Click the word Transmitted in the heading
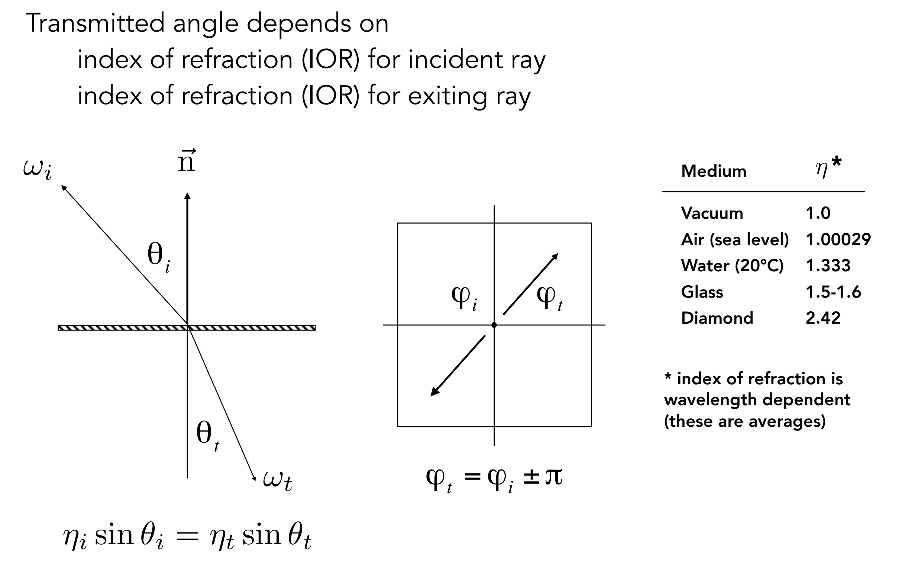pos(95,23)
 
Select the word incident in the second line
pos(456,60)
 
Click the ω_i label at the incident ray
pos(37,170)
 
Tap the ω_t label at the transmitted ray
pos(277,481)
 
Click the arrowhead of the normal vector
pos(187,196)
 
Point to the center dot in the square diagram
pos(494,325)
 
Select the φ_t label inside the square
pos(550,298)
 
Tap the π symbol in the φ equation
pos(554,477)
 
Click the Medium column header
pos(714,171)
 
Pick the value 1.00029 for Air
pos(838,239)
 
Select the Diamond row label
pos(717,318)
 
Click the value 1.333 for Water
pos(828,266)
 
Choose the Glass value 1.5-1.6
pos(833,292)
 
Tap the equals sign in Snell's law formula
pos(187,537)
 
